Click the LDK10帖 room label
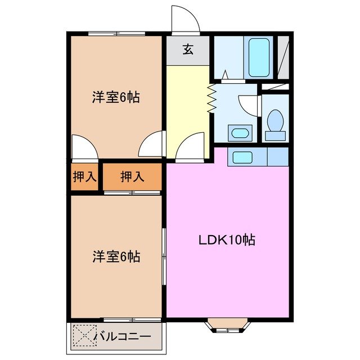(227, 240)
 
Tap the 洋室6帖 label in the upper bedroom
(116, 97)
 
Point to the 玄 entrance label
(188, 49)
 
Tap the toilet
(275, 125)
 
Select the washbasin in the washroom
(240, 134)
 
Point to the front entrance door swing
(185, 20)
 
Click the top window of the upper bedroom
(117, 34)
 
